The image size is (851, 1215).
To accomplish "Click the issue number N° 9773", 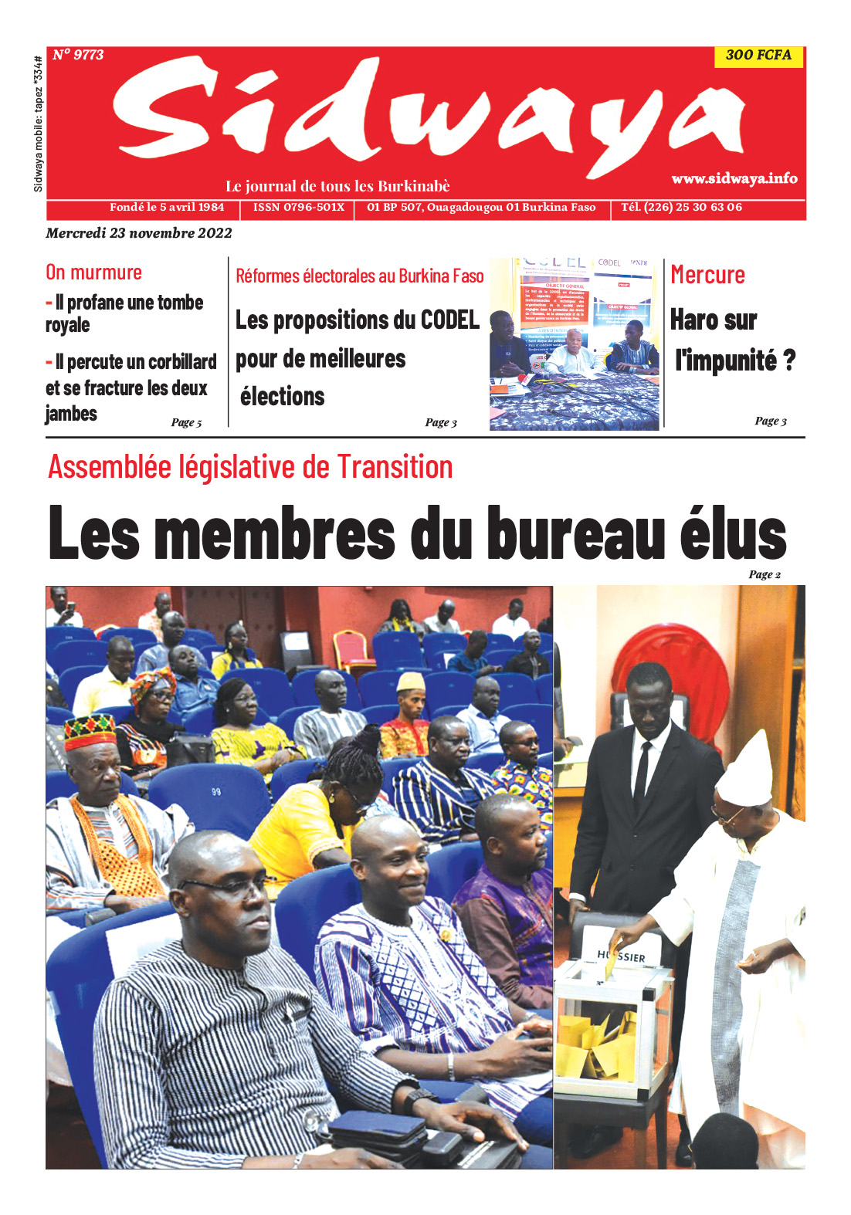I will (x=78, y=55).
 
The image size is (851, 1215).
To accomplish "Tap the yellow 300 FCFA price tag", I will (x=758, y=56).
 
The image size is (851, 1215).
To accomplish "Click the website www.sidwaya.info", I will (x=734, y=178).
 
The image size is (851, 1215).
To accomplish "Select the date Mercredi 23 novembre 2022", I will (x=139, y=233).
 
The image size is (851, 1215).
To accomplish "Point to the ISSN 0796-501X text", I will (x=299, y=208).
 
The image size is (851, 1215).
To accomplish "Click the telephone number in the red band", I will (x=682, y=208).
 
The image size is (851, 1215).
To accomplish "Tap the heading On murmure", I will (x=93, y=272).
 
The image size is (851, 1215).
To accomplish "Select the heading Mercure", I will (x=707, y=275).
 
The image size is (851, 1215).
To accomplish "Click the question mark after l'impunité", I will (x=788, y=360).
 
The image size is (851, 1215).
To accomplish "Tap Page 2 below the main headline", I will (x=765, y=574).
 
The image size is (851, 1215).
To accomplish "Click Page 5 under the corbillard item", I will (x=186, y=422).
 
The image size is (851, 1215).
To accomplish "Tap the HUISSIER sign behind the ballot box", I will (x=622, y=956).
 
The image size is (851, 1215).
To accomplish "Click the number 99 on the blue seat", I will (x=216, y=792).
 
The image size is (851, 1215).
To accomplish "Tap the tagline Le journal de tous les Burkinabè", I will (x=337, y=186).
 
